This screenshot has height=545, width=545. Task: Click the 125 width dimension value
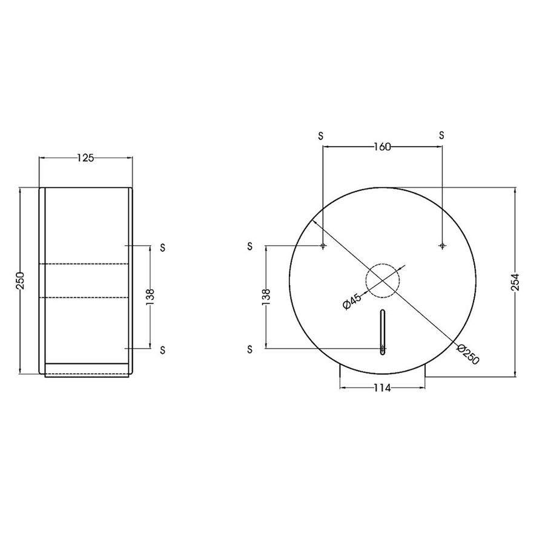click(85, 158)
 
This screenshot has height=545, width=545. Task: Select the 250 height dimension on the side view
click(20, 280)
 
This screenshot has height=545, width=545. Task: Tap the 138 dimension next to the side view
click(150, 297)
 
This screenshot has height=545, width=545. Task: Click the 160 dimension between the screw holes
click(382, 147)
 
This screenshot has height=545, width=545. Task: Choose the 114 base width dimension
click(382, 388)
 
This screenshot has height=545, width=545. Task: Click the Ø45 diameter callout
click(352, 301)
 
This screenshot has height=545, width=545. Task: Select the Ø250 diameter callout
click(468, 354)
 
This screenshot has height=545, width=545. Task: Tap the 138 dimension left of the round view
click(266, 297)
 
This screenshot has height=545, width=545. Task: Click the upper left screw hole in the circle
click(323, 246)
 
